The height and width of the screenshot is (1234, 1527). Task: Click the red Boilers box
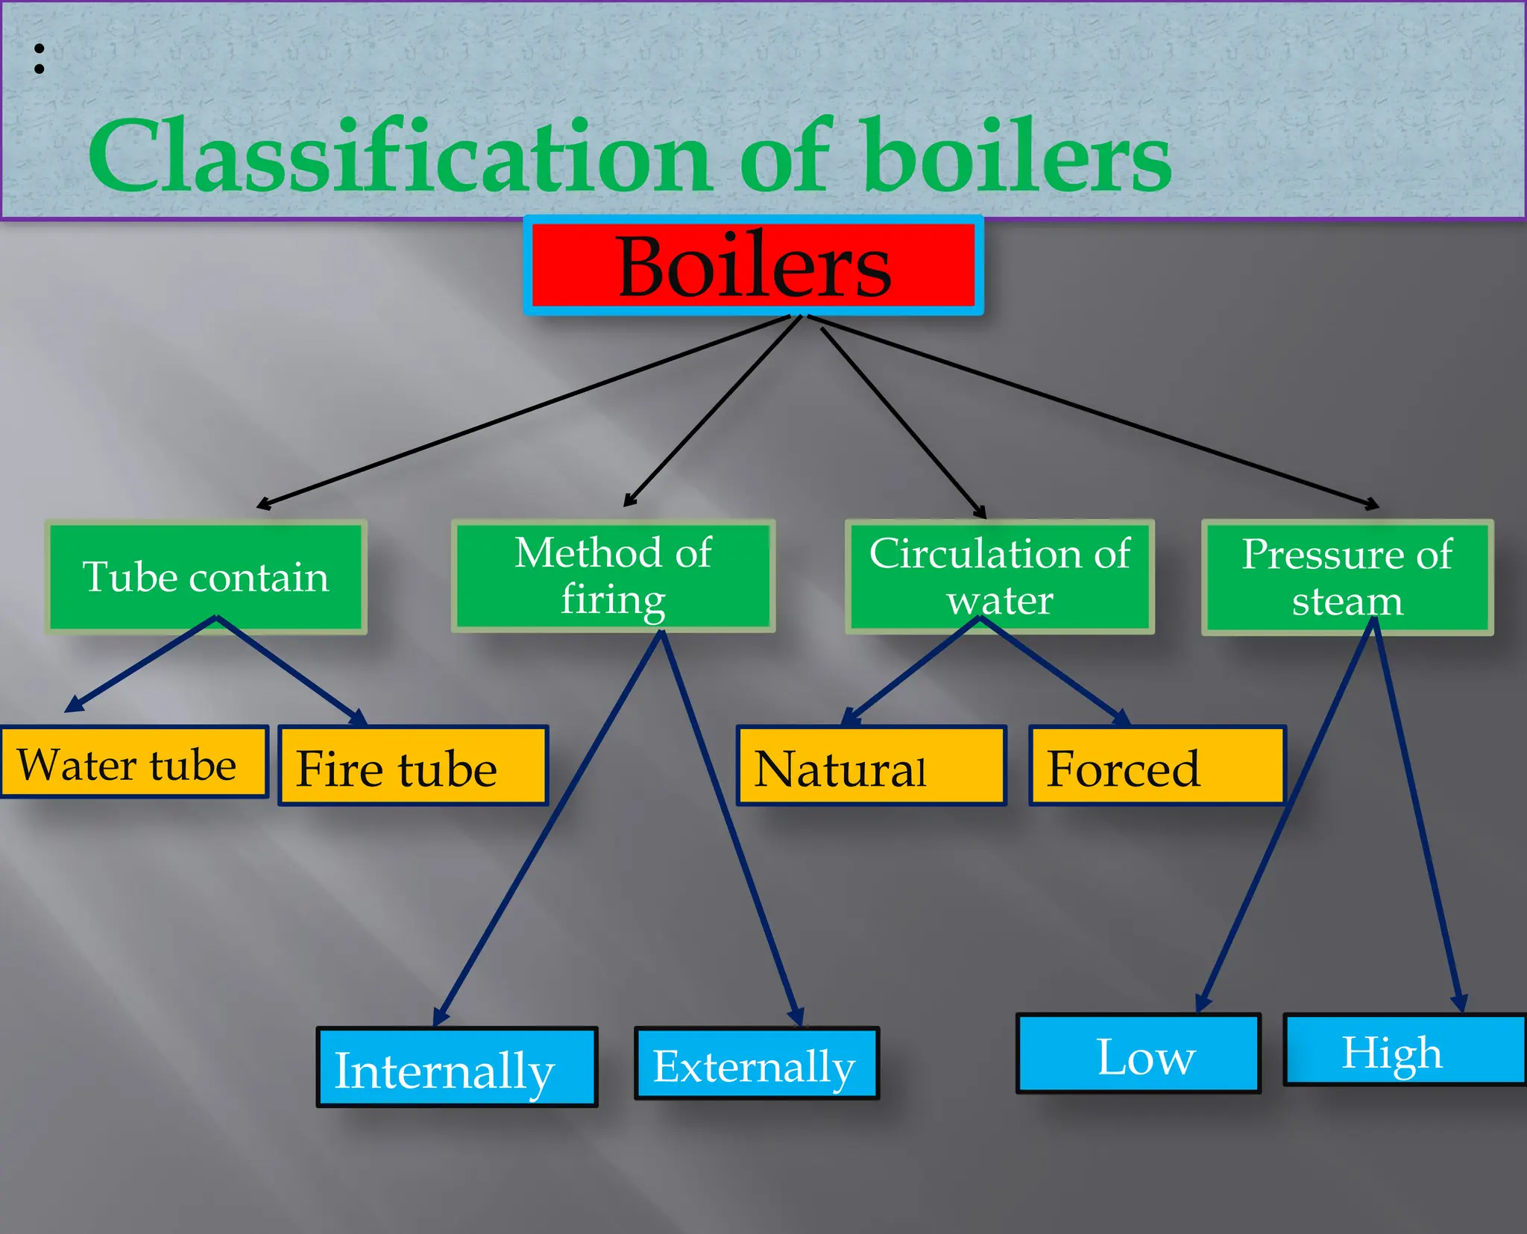(x=753, y=265)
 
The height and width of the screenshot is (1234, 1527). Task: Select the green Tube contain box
(x=206, y=577)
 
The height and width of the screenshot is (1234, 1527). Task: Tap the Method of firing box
(x=613, y=576)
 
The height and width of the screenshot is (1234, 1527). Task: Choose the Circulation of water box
(x=999, y=576)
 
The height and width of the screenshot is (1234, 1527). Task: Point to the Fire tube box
(x=412, y=766)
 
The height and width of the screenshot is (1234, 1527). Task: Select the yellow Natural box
(x=870, y=766)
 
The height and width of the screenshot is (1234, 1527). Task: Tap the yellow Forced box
(x=1156, y=766)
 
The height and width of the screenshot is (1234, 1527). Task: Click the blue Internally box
(x=456, y=1067)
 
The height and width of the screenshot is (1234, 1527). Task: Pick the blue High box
(x=1403, y=1050)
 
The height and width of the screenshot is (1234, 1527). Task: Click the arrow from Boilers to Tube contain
(x=522, y=412)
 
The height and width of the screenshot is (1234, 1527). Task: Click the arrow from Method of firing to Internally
(x=548, y=828)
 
